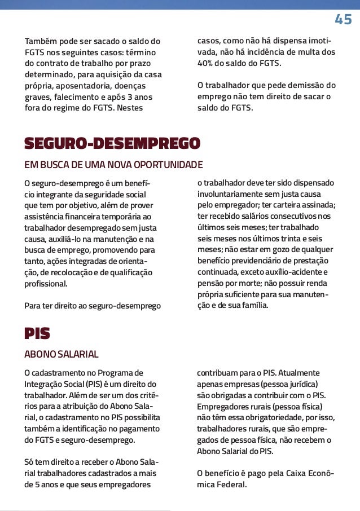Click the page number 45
[x=343, y=20]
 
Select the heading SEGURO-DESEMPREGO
[x=112, y=143]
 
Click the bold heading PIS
[x=37, y=334]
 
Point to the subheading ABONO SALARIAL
[x=61, y=355]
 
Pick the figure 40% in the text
[x=205, y=63]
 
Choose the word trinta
[x=295, y=238]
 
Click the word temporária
[x=125, y=216]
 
